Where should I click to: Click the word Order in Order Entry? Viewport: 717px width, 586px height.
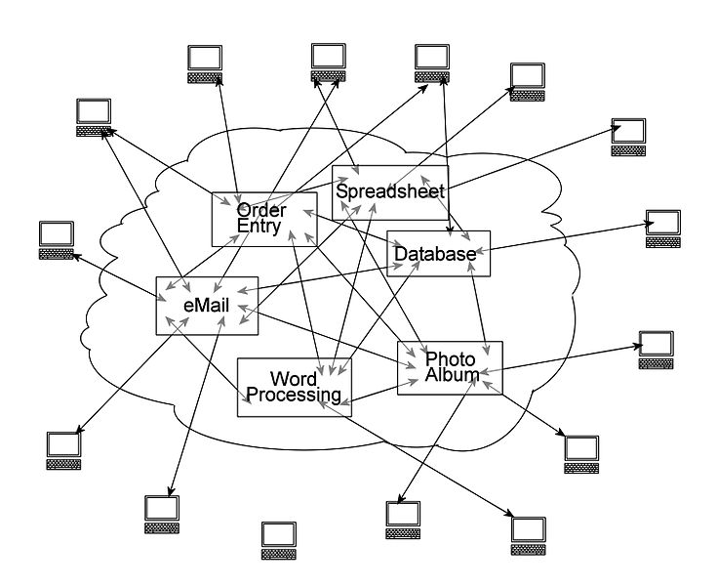(261, 210)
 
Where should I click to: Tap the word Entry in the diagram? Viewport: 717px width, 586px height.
(259, 228)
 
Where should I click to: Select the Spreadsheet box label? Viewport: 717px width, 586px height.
(390, 191)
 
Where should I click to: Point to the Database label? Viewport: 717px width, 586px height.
(435, 255)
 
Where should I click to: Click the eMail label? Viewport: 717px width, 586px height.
(206, 306)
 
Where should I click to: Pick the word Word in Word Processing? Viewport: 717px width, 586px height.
(294, 379)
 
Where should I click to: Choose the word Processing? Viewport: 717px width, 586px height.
(294, 396)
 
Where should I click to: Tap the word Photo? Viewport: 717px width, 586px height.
(451, 359)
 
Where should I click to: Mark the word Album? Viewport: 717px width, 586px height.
(453, 375)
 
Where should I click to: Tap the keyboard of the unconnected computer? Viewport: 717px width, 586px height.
(279, 554)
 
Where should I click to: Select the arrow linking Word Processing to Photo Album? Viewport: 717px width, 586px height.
(376, 392)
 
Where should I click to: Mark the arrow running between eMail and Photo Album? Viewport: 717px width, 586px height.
(332, 338)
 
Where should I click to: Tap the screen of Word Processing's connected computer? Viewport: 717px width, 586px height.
(529, 529)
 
